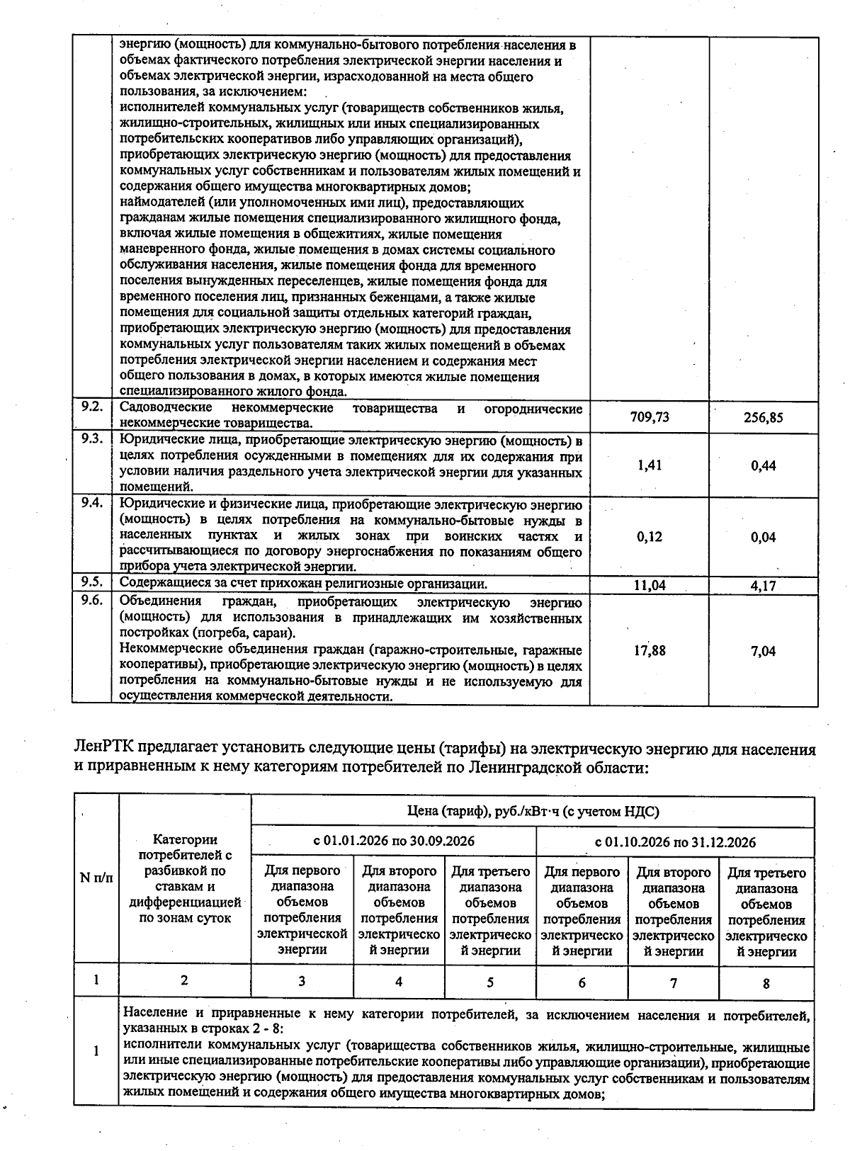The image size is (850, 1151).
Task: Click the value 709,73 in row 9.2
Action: point(650,417)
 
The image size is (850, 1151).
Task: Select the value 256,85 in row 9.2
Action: point(763,417)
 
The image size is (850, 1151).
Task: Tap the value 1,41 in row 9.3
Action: point(650,465)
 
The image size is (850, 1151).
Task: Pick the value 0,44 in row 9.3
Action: point(763,465)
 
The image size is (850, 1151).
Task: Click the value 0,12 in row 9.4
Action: point(650,537)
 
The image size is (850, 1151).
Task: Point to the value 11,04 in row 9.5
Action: point(650,586)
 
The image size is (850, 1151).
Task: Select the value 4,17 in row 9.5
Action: point(763,586)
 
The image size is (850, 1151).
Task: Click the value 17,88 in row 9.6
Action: point(650,650)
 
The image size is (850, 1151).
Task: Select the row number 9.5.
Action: point(92,582)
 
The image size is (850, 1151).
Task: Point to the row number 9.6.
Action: point(92,601)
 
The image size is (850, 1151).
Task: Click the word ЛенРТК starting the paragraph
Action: point(103,749)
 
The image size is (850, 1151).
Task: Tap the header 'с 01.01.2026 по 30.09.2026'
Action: point(394,841)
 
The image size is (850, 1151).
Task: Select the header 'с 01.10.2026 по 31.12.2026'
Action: point(675,842)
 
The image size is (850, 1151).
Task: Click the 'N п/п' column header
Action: point(96,878)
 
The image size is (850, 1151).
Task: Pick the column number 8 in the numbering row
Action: point(766,983)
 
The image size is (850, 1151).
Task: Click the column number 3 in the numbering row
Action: point(302,981)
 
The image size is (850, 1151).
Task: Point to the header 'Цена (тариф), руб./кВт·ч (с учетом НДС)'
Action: point(533,812)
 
